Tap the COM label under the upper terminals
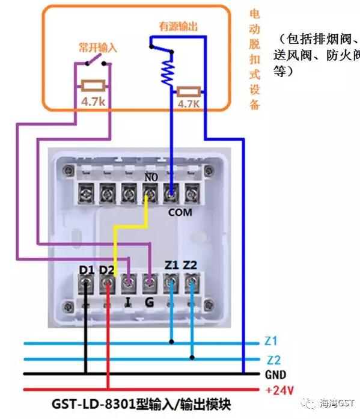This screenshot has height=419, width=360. [x=180, y=212]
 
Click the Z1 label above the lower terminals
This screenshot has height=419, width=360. [x=172, y=265]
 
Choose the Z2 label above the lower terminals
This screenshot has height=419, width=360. [x=192, y=265]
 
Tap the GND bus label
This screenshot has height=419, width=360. [x=275, y=374]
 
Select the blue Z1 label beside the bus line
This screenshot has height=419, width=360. [x=270, y=342]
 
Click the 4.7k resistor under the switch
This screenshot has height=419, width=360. [x=93, y=86]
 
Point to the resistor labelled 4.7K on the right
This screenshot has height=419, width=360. [x=189, y=92]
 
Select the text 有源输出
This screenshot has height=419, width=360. [x=178, y=27]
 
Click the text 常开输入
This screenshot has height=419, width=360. [x=98, y=47]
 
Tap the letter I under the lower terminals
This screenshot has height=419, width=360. [x=128, y=301]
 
